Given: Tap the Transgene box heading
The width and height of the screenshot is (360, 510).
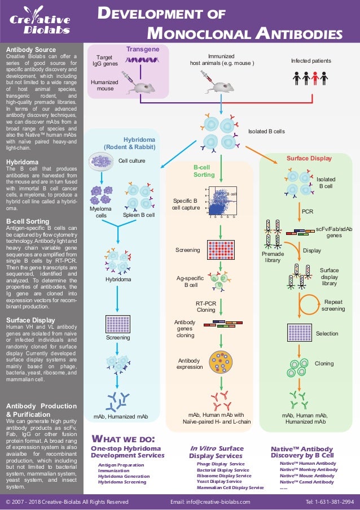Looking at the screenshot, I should pyautogui.click(x=142, y=49).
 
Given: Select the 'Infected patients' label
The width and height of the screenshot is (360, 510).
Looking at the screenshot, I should pyautogui.click(x=311, y=60).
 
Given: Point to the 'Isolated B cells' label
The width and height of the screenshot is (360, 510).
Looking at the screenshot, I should pyautogui.click(x=267, y=131).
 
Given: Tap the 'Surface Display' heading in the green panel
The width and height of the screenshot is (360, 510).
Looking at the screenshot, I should pyautogui.click(x=309, y=158).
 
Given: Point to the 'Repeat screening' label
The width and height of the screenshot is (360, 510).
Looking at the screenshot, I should pyautogui.click(x=333, y=306).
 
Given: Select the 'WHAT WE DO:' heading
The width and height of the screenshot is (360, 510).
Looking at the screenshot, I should pyautogui.click(x=123, y=439).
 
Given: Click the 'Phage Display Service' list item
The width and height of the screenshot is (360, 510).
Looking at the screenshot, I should pyautogui.click(x=220, y=463).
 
